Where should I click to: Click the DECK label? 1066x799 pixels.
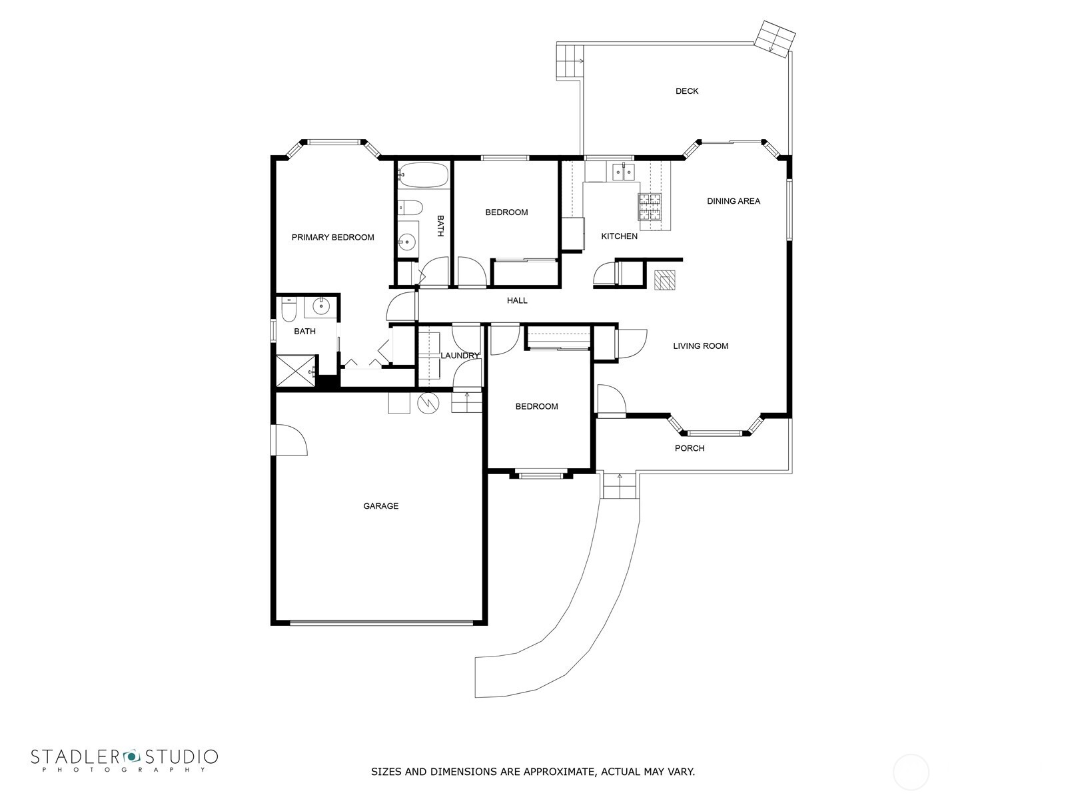(x=686, y=91)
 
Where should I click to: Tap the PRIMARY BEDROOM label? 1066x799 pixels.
(x=332, y=238)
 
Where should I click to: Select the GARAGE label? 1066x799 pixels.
(x=380, y=506)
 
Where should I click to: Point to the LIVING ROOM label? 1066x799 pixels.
(x=700, y=346)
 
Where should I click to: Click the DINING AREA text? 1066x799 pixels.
(x=733, y=201)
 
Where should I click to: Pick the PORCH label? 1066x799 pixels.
(x=689, y=448)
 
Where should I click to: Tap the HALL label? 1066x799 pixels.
(x=516, y=301)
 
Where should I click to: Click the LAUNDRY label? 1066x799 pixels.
(x=460, y=356)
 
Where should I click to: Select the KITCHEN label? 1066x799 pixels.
(x=619, y=236)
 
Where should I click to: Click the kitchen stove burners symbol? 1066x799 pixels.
(x=651, y=206)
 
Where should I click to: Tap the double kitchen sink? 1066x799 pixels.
(x=623, y=172)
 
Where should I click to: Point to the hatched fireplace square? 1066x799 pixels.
(x=664, y=280)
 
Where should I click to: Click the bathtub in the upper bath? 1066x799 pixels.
(x=424, y=176)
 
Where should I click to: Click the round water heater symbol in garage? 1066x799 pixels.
(x=428, y=403)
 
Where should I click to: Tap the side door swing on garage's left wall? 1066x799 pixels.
(x=289, y=440)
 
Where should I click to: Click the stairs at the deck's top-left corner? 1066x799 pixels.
(x=570, y=61)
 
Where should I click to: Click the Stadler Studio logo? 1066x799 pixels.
(x=124, y=760)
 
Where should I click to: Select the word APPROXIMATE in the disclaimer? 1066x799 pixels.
(x=558, y=772)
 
